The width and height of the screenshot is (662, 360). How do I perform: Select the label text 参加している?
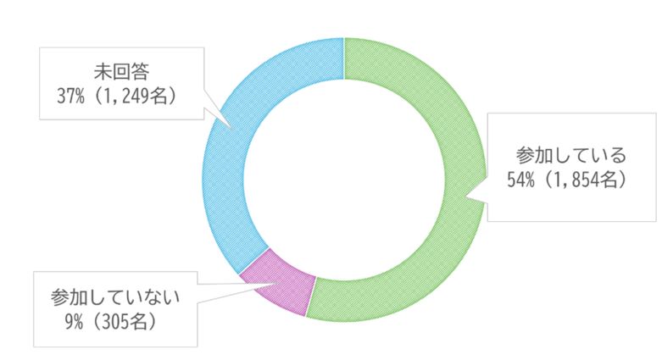(x=570, y=156)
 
